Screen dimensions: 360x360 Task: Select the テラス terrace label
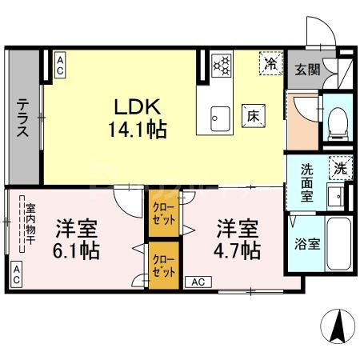coord(23,118)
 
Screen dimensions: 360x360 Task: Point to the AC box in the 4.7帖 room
coord(199,282)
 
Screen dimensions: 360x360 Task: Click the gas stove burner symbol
coord(220,63)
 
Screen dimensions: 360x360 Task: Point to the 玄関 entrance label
coord(306,70)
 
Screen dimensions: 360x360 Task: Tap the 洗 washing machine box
coord(340,169)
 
